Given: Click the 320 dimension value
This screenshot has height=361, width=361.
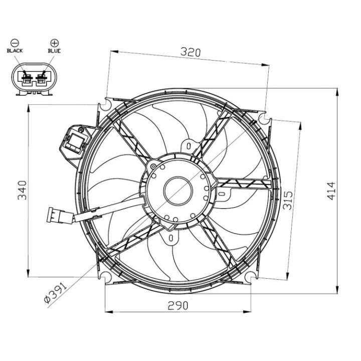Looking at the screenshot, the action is [191, 52].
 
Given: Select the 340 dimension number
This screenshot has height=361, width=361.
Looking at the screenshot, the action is [23, 190].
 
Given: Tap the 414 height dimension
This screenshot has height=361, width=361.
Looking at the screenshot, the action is [331, 191].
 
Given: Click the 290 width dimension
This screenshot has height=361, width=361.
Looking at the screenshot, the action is [177, 306].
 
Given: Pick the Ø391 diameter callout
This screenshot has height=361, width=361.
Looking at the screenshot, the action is [55, 292].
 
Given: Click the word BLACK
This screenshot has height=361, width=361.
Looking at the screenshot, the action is [15, 51].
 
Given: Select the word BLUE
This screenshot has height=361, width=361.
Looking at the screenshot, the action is [54, 51].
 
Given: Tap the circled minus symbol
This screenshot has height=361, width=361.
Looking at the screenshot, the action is [15, 43].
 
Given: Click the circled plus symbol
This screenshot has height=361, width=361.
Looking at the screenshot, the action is [55, 43].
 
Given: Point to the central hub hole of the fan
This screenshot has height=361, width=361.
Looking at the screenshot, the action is [178, 191].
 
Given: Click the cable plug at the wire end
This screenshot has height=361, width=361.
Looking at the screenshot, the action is [55, 215].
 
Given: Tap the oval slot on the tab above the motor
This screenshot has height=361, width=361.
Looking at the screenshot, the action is [189, 146].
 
